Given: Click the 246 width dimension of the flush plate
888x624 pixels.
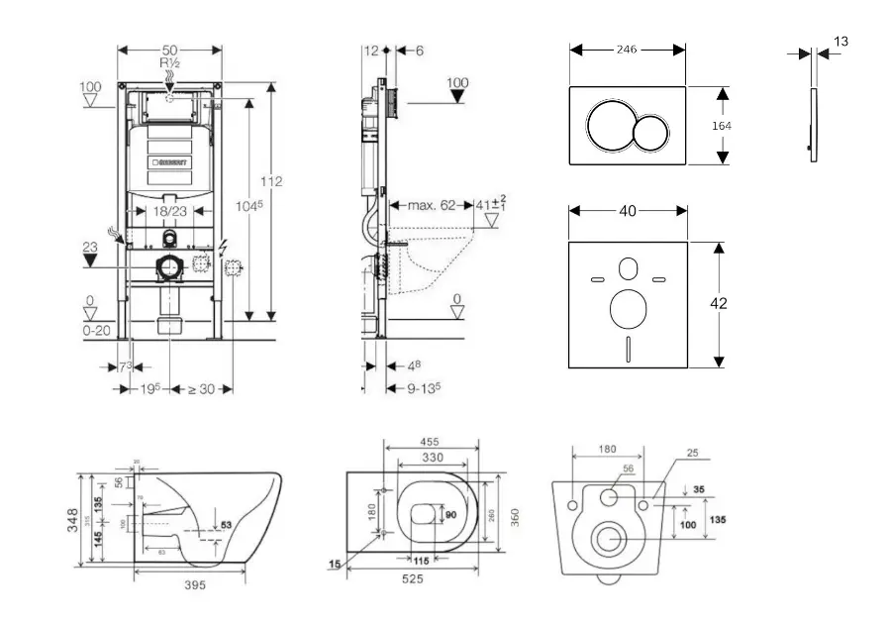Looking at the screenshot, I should click(626, 49).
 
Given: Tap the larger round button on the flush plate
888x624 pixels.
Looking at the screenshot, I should click(610, 126).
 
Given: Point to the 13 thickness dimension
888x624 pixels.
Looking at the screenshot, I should click(840, 42).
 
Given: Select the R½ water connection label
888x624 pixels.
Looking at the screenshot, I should click(169, 61).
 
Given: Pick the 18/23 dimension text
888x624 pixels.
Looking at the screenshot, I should click(169, 212).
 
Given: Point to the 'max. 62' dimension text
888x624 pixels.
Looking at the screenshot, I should click(432, 206).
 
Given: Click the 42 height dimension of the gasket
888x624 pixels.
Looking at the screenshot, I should click(719, 304).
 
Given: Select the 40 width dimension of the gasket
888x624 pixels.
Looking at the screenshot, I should click(626, 210).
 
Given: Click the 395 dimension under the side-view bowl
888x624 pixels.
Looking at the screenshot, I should click(195, 585).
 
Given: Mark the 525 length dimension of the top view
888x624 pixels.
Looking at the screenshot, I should click(413, 578).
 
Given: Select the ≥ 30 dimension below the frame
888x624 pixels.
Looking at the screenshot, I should click(201, 388).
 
